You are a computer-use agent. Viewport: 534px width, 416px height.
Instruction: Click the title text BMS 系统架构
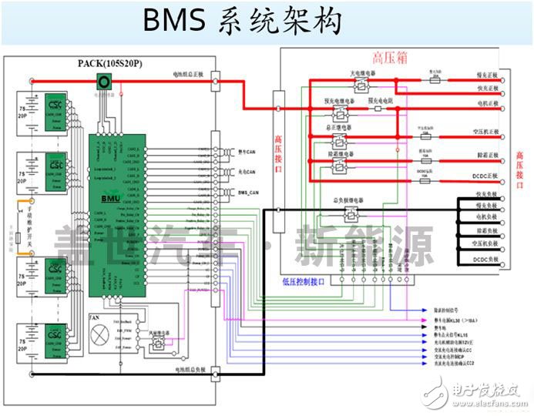(242, 22)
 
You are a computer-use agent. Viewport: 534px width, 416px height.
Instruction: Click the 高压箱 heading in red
(388, 58)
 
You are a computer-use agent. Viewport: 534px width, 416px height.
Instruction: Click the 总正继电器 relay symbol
(340, 140)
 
